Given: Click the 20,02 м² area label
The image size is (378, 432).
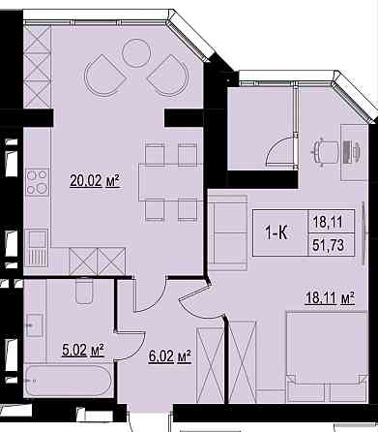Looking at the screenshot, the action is tap(95, 181).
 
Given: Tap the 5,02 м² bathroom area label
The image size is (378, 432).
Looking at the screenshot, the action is tap(83, 351).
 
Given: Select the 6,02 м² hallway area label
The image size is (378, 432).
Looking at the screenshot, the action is tap(170, 356).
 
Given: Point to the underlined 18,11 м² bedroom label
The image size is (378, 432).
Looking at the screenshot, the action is tap(330, 298).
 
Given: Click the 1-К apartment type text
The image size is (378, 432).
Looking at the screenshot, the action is tap(276, 232).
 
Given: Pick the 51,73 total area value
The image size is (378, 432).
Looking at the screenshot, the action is tap(329, 245).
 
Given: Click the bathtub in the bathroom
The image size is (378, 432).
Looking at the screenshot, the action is tap(69, 381).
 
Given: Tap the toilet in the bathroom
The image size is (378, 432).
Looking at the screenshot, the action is tap(84, 291).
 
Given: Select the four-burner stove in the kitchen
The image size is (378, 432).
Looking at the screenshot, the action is tap(38, 182).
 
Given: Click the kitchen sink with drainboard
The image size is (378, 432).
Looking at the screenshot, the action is tap(37, 248).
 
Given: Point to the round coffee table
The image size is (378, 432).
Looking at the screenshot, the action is tap(136, 53).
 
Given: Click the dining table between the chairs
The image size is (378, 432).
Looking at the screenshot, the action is tap(170, 182).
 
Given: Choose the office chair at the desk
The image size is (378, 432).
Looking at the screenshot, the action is tap(326, 152).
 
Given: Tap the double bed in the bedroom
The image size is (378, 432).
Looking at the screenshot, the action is tap(327, 357).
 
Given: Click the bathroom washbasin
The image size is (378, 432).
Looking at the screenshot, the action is tap(34, 325).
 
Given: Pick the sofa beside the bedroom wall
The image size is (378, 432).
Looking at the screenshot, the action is tap(227, 232).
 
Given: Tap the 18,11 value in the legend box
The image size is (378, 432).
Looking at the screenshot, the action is tap(329, 222).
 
